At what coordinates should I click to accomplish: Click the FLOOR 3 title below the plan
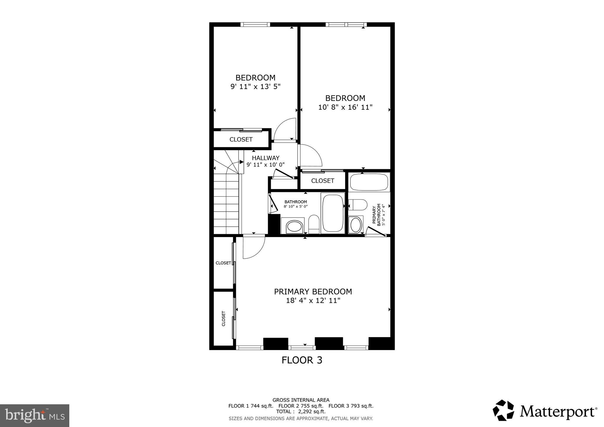(302, 360)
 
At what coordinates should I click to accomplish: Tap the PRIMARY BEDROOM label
(313, 292)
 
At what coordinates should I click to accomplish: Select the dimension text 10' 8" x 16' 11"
(345, 107)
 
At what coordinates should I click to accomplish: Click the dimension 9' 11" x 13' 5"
(255, 87)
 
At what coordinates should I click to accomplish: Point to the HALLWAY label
(265, 158)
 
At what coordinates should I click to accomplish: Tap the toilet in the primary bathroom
(358, 205)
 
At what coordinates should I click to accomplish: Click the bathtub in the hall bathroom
(333, 213)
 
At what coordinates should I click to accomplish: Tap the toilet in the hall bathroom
(314, 224)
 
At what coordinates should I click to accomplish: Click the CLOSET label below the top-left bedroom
(241, 139)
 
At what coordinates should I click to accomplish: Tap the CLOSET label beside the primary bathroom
(323, 181)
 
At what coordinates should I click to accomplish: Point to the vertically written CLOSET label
(223, 318)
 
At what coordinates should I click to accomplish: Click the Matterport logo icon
(503, 410)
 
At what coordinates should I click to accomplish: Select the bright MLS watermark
(35, 416)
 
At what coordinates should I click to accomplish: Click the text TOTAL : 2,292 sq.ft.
(301, 411)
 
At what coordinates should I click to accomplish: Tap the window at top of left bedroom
(255, 24)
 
